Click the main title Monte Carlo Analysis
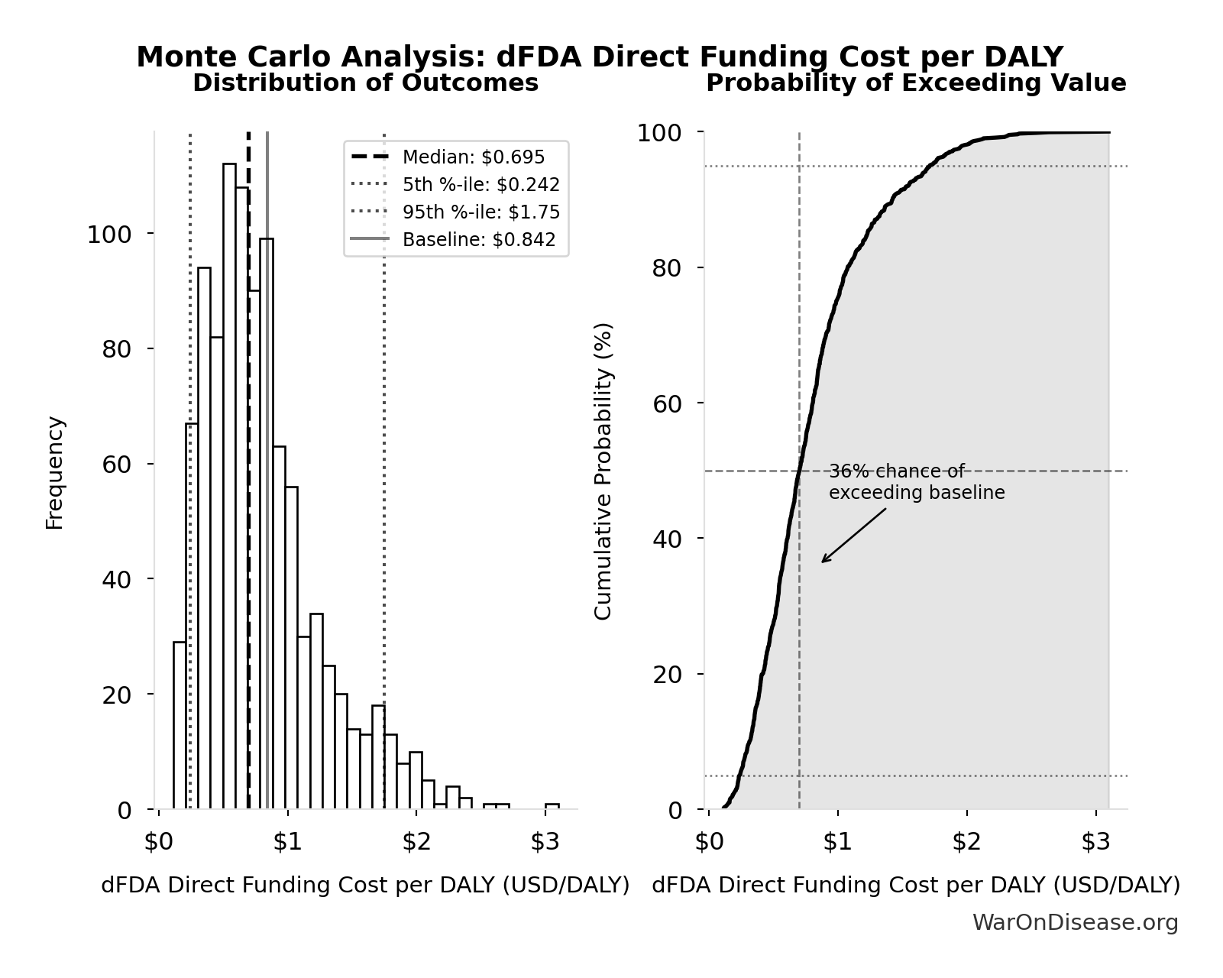(x=599, y=57)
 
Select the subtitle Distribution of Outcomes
(x=365, y=83)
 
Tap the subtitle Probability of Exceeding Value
(x=915, y=83)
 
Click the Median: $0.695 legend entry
(x=473, y=157)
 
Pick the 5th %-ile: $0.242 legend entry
(x=480, y=185)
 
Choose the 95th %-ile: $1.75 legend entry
(x=480, y=212)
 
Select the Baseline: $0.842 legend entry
(x=478, y=240)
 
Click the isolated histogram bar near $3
(x=552, y=805)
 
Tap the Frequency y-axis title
(x=55, y=472)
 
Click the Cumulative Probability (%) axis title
(x=603, y=471)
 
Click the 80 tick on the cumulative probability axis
(x=668, y=268)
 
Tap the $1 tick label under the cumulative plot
(x=837, y=842)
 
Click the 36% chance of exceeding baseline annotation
(x=916, y=482)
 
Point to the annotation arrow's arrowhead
(x=823, y=562)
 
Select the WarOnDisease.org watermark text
(x=1075, y=923)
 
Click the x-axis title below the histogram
(x=365, y=885)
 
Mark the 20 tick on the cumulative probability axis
(x=668, y=674)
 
